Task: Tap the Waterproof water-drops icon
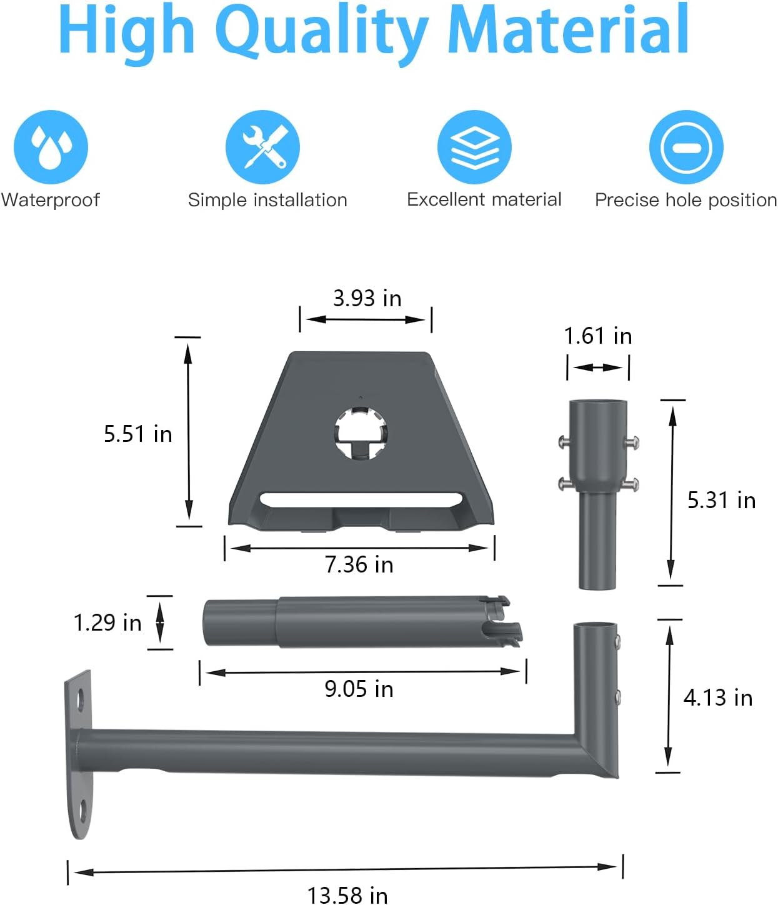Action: [x=51, y=147]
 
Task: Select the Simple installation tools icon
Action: [x=262, y=147]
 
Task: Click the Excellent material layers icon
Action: [x=474, y=147]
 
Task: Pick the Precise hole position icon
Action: [x=686, y=147]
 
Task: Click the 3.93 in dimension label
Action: [x=367, y=298]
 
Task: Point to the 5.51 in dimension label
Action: [x=137, y=434]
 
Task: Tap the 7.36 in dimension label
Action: [x=359, y=564]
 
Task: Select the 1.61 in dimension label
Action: [x=597, y=336]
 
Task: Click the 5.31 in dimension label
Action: [x=721, y=500]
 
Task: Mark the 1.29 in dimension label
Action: [x=107, y=622]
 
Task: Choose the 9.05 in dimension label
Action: [x=359, y=689]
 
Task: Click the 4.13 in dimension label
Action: [x=718, y=697]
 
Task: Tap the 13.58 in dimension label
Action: [x=347, y=894]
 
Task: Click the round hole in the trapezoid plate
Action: [x=361, y=432]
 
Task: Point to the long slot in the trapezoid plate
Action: [x=361, y=500]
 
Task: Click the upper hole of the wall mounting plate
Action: [x=81, y=699]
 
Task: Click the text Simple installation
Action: [x=267, y=200]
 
